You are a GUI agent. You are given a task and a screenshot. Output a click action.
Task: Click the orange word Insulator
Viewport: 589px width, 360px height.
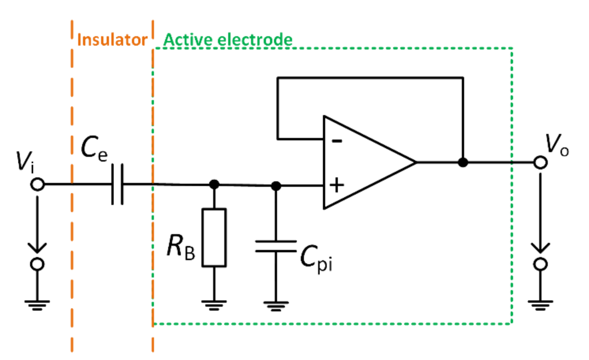[112, 40]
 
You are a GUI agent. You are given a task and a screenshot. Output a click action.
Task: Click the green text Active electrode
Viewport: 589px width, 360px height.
[228, 40]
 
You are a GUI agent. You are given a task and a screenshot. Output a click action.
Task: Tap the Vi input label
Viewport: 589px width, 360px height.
[25, 161]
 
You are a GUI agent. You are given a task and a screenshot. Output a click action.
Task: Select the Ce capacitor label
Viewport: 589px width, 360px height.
[94, 148]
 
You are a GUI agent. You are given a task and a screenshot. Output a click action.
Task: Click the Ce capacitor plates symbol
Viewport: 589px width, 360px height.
[117, 184]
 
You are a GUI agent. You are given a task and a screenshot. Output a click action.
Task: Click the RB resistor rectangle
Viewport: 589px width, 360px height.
[214, 238]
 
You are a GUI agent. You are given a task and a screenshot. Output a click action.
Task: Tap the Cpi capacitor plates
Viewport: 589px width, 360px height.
[276, 246]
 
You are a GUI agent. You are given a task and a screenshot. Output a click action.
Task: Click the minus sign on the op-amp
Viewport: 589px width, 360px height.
[337, 140]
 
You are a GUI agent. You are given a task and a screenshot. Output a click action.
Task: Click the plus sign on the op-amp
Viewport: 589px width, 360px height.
[336, 185]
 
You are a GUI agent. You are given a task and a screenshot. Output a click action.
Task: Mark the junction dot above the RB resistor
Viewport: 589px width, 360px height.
[214, 184]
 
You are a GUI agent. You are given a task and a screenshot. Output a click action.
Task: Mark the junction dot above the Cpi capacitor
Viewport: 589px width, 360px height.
[276, 186]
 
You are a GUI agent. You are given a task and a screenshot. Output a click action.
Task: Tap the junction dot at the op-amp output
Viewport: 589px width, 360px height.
[463, 162]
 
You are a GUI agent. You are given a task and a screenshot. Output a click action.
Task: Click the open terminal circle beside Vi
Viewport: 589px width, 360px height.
[37, 184]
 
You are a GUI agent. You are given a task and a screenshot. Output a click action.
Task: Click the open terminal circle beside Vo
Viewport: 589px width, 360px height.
[540, 162]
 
